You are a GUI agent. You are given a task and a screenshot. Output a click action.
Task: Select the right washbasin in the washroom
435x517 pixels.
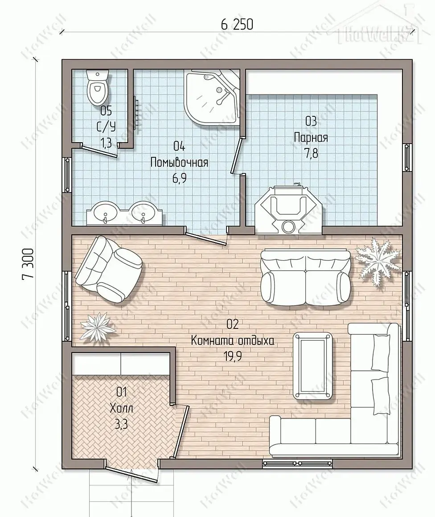(143, 213)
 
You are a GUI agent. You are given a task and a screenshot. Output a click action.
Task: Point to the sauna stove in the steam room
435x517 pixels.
(287, 210)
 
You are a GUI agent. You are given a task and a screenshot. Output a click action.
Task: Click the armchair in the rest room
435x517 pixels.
(108, 269)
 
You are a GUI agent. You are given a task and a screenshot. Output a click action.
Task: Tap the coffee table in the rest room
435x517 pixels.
(312, 366)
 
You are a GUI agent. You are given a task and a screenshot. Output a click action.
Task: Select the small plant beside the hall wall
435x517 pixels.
(98, 328)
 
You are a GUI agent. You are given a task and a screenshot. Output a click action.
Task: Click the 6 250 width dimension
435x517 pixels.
(237, 25)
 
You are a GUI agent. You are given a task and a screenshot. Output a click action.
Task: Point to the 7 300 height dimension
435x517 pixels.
(28, 264)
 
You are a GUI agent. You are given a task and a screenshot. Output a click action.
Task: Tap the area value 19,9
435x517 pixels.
(233, 356)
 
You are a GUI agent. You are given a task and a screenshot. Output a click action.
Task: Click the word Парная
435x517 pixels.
(311, 137)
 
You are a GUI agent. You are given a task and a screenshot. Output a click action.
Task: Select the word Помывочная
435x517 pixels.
(179, 162)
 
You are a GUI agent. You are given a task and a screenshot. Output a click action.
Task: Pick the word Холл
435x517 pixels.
(121, 409)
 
